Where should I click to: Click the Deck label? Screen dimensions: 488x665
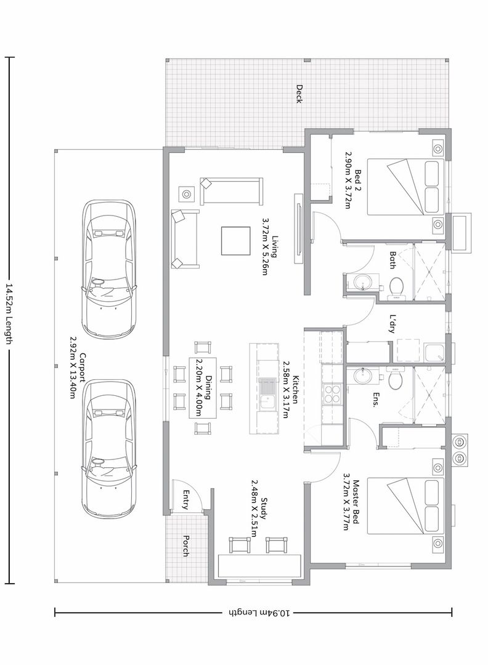pyautogui.click(x=299, y=94)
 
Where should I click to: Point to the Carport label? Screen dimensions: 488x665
pyautogui.click(x=83, y=370)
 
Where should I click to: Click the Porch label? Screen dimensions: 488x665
pyautogui.click(x=186, y=546)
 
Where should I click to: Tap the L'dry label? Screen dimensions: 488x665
pyautogui.click(x=392, y=324)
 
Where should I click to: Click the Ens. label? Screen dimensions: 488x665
pyautogui.click(x=375, y=400)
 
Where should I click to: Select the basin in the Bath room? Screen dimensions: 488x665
pyautogui.click(x=362, y=281)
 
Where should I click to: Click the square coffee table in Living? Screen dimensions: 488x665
pyautogui.click(x=235, y=241)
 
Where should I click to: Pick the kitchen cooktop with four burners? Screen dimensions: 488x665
pyautogui.click(x=333, y=393)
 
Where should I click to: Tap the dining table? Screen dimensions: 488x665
pyautogui.click(x=203, y=388)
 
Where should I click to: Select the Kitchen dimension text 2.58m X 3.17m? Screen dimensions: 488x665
pyautogui.click(x=285, y=390)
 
